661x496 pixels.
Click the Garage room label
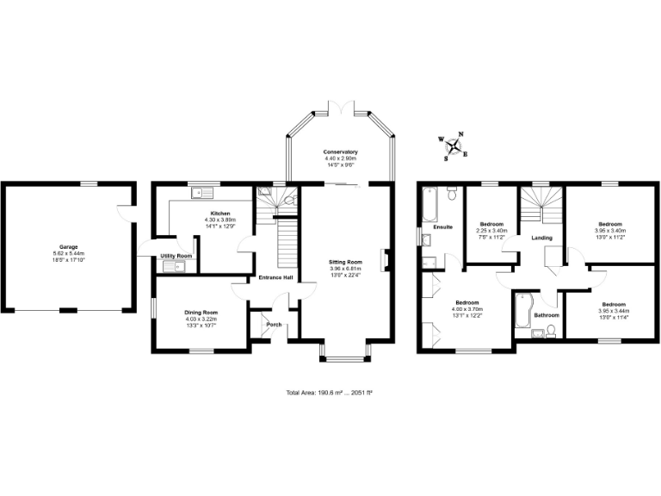point(68,247)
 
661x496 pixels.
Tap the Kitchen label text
point(220,213)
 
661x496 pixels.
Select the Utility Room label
point(175,256)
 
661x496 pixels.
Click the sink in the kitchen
point(197,191)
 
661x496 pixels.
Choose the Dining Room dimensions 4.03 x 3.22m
point(200,319)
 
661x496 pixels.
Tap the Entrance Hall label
point(275,277)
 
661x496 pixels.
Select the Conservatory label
point(341,152)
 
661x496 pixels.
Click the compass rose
point(454,146)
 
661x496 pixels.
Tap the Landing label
point(541,238)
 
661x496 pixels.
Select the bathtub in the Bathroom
point(522,312)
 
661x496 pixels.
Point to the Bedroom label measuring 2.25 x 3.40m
point(491,224)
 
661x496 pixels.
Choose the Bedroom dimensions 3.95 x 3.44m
point(613,311)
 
